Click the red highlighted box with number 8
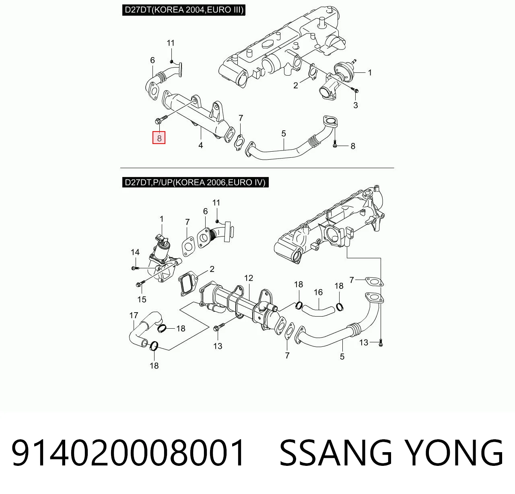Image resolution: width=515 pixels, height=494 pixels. (159, 138)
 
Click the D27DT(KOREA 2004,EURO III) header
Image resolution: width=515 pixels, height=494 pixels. (183, 10)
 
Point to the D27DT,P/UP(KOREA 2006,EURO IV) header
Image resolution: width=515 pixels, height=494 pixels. (195, 182)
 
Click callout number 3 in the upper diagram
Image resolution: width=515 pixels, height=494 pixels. (355, 105)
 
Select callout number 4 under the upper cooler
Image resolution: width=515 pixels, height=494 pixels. (201, 145)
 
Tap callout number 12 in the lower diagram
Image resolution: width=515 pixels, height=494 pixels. (249, 278)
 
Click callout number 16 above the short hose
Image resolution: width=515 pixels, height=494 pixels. (318, 292)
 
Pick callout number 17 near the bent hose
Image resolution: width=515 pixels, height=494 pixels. (134, 315)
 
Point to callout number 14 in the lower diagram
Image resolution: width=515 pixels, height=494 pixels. (135, 252)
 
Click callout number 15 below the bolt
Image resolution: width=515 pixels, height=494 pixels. (142, 299)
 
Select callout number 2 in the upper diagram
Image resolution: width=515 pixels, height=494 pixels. (296, 85)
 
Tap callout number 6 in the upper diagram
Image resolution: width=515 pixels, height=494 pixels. (152, 60)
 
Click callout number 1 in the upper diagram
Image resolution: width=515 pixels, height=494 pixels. (370, 72)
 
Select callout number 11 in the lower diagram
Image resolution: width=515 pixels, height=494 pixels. (216, 203)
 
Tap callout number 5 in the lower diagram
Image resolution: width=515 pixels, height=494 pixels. (342, 357)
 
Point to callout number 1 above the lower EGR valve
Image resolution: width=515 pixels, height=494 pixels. (161, 219)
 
